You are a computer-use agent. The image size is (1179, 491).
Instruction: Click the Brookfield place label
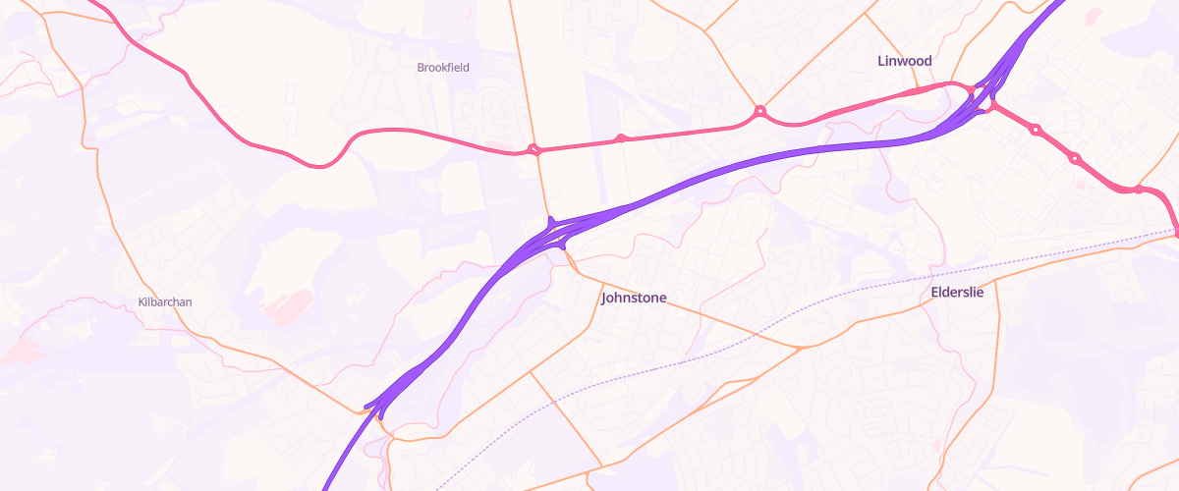pos(443,68)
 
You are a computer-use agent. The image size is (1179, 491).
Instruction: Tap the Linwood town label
pos(904,61)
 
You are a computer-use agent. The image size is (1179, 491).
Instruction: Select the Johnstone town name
pos(634,298)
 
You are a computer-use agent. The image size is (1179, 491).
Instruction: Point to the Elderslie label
pos(957,293)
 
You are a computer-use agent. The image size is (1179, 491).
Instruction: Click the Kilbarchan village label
pos(165,302)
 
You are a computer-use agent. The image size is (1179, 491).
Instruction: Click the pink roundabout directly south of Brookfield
pos(534,150)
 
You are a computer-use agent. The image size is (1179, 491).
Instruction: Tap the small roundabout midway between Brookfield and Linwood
pos(620,138)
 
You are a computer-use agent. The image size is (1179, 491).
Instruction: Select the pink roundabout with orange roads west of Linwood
pos(759,113)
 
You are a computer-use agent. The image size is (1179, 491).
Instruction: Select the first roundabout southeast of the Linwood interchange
pos(1035,129)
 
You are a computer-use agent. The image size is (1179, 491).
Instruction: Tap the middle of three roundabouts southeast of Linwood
pos(1075,158)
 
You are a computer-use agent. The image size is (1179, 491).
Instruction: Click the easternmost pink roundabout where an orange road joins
pos(1138,190)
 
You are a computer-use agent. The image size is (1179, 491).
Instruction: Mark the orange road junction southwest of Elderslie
pos(800,347)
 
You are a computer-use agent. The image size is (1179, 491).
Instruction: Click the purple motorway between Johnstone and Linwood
pos(747,162)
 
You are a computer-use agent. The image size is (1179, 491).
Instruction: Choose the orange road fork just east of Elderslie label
pos(995,281)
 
